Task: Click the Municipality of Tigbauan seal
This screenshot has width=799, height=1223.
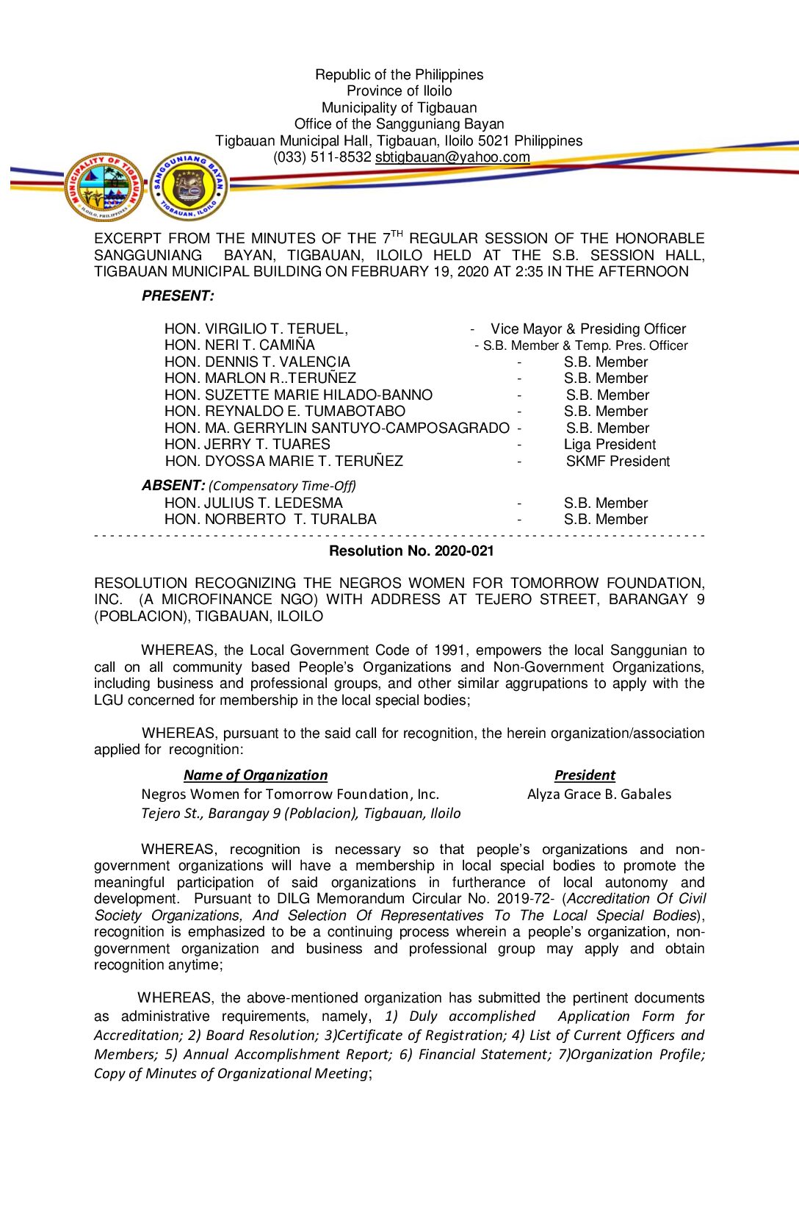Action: coord(104,187)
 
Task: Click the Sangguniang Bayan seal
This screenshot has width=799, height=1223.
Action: coord(189,186)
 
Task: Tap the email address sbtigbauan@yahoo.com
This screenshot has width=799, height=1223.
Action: coord(452,157)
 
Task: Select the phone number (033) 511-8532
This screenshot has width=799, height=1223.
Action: coord(322,157)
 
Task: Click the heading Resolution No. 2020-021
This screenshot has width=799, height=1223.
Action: coord(411,551)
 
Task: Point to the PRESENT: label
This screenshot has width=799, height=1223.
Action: coord(178,296)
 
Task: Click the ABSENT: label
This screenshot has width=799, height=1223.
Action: coord(173,486)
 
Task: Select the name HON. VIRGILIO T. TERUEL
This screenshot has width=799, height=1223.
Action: coord(256,329)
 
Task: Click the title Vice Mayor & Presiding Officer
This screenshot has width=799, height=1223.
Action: coord(588,329)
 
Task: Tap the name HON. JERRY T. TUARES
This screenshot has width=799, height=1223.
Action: coord(247,445)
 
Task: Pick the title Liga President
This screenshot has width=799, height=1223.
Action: coord(610,445)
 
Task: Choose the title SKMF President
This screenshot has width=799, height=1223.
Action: coord(618,462)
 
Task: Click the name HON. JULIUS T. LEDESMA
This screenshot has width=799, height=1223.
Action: coord(253,503)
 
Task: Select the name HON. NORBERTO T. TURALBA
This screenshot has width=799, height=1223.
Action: coord(270,520)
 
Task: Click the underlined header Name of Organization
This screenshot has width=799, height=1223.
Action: coord(256,775)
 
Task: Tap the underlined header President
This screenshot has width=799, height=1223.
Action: coord(585,775)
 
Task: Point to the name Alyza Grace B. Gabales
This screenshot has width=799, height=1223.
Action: coord(599,795)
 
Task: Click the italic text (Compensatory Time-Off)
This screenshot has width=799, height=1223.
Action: coord(282,487)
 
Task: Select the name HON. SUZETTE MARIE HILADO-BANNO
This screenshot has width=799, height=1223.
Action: coord(298,395)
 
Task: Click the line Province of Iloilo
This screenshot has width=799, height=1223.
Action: coord(399,91)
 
